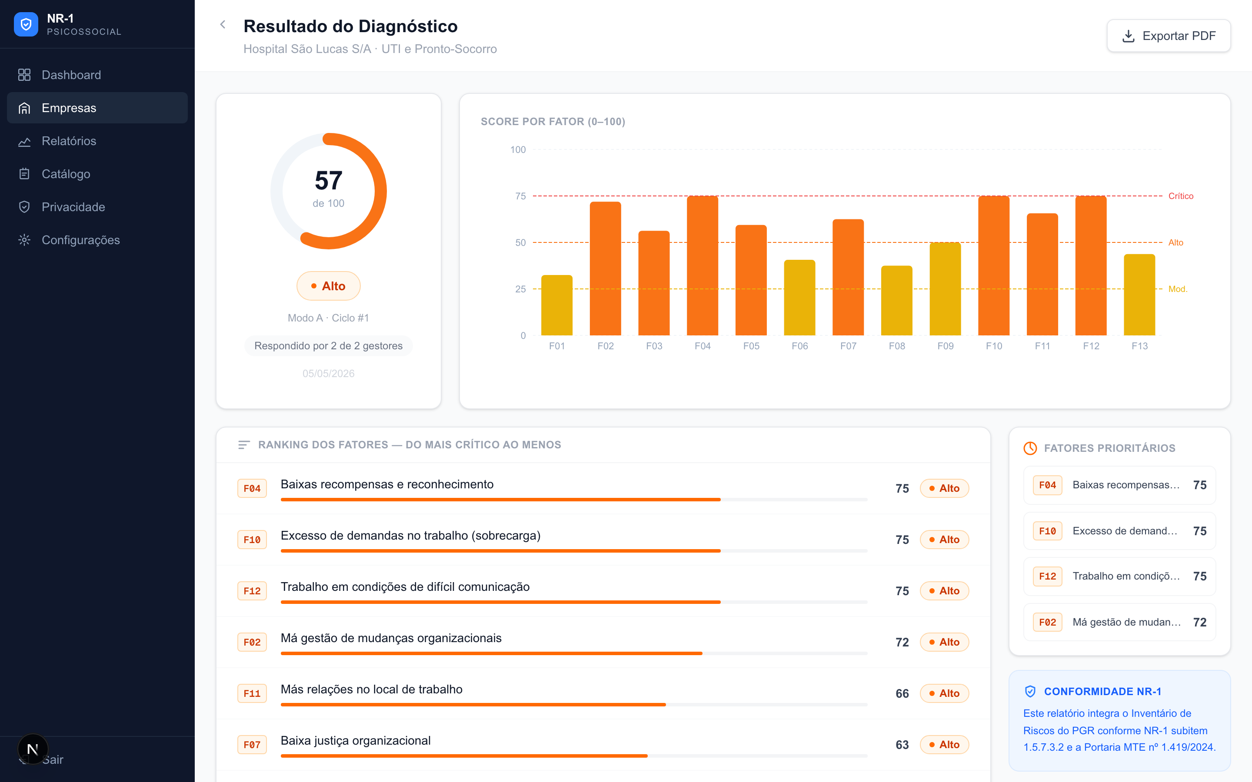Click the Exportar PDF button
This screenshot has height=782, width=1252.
[1168, 36]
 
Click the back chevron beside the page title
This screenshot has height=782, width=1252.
[223, 24]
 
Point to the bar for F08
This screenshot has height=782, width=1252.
[896, 301]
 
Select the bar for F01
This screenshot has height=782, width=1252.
[557, 305]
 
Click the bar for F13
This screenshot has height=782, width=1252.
[1139, 295]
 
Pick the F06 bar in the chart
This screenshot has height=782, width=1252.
[799, 298]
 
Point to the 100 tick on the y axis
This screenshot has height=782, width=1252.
[518, 149]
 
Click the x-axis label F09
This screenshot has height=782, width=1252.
[945, 346]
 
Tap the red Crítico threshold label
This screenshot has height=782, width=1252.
[1181, 196]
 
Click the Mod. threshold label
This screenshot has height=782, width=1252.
[1178, 289]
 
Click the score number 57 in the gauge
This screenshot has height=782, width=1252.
[329, 180]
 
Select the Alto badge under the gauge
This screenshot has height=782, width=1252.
[329, 286]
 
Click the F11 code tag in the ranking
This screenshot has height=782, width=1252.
[252, 693]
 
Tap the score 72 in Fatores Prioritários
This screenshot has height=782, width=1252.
[1200, 622]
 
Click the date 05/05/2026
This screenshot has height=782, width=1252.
[329, 374]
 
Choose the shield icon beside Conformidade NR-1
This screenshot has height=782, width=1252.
[1030, 692]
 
